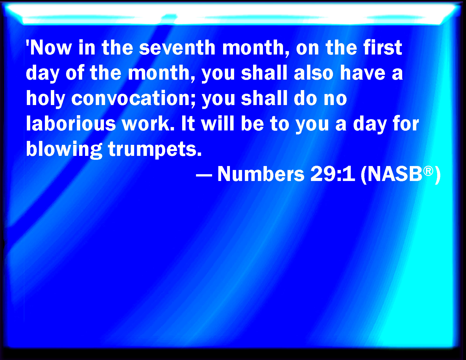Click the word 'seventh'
tap(177, 48)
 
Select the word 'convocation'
tap(133, 99)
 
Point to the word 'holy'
tap(45, 99)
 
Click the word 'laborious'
tap(71, 124)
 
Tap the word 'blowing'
tap(64, 149)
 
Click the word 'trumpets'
tap(155, 149)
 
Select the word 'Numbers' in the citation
tap(261, 174)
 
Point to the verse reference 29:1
tap(333, 174)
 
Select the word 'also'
tap(313, 73)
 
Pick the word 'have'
tap(363, 73)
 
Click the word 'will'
tap(217, 124)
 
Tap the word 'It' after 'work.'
tap(188, 124)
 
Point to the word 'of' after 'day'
tap(75, 73)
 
